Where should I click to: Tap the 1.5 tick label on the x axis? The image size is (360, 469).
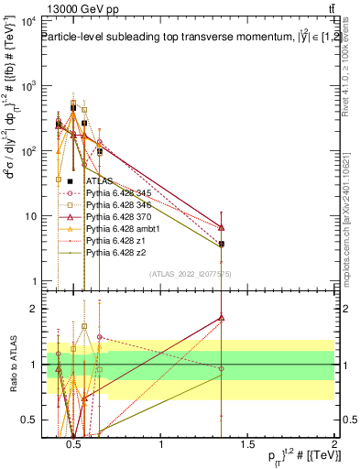(247, 445)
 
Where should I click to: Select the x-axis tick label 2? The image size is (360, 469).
(334, 445)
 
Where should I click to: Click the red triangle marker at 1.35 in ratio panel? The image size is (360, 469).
(222, 318)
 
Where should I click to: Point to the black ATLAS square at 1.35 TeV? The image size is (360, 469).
(222, 244)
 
